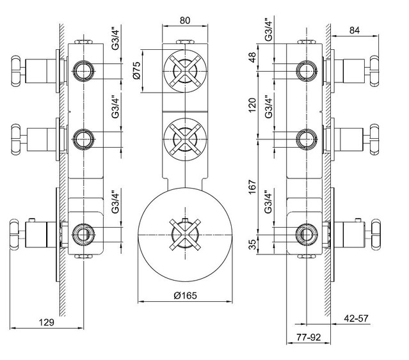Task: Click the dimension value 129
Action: pyautogui.click(x=47, y=322)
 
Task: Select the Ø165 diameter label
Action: pyautogui.click(x=185, y=295)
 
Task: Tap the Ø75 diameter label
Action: pyautogui.click(x=137, y=70)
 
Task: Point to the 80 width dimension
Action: pyautogui.click(x=185, y=20)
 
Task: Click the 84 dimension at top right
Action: pyautogui.click(x=355, y=30)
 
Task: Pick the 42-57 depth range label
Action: pyautogui.click(x=356, y=318)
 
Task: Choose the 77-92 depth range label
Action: pyautogui.click(x=309, y=338)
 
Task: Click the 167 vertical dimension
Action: pyautogui.click(x=252, y=187)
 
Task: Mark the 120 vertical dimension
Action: pyautogui.click(x=252, y=105)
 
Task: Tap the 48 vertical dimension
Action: pyautogui.click(x=252, y=58)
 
